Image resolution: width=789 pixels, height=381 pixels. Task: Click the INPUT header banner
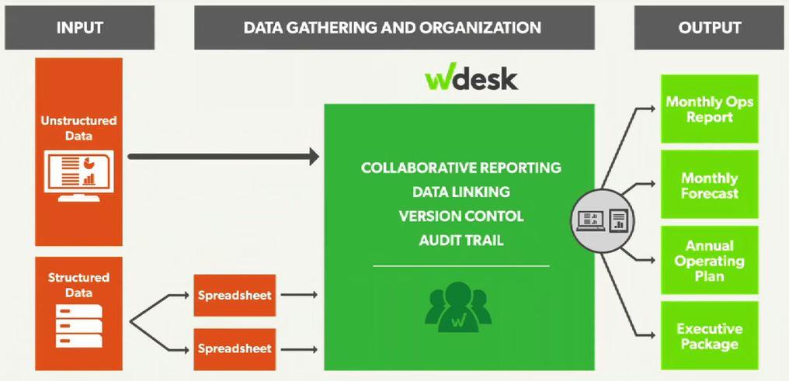click(79, 28)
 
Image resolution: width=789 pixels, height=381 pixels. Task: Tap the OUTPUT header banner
click(709, 28)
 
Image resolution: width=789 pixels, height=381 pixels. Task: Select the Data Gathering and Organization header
click(392, 28)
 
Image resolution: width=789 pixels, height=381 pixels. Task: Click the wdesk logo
click(471, 79)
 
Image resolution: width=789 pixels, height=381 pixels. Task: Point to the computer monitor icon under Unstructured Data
click(79, 175)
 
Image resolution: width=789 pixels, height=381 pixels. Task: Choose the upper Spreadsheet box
click(235, 295)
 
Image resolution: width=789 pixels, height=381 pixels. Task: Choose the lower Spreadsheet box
click(235, 348)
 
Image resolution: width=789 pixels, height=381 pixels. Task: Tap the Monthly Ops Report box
click(709, 109)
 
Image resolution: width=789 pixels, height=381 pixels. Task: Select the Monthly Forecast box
click(709, 185)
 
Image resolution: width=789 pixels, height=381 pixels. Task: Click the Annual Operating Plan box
click(709, 261)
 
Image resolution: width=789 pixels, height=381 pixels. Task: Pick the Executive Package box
click(709, 336)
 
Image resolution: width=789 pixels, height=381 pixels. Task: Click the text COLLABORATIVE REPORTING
click(461, 168)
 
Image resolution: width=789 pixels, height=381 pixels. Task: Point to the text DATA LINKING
click(461, 192)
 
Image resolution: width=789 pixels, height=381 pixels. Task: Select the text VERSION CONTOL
click(461, 216)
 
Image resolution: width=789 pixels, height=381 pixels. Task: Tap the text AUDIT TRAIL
click(461, 240)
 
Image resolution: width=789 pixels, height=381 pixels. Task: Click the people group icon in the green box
click(461, 305)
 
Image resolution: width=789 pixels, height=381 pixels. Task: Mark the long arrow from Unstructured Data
click(223, 157)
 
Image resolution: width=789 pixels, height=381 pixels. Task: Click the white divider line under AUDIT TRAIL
click(461, 266)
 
